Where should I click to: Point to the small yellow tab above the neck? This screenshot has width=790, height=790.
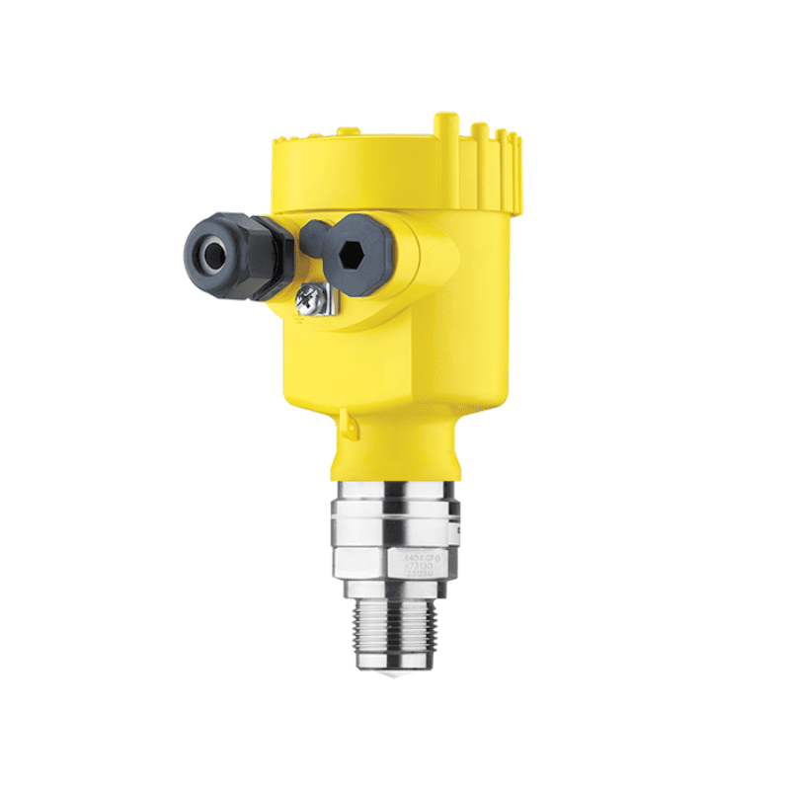click(x=346, y=422)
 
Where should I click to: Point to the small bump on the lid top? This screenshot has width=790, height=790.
click(x=345, y=129)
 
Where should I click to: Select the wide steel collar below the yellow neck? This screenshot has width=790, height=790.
click(x=395, y=513)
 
